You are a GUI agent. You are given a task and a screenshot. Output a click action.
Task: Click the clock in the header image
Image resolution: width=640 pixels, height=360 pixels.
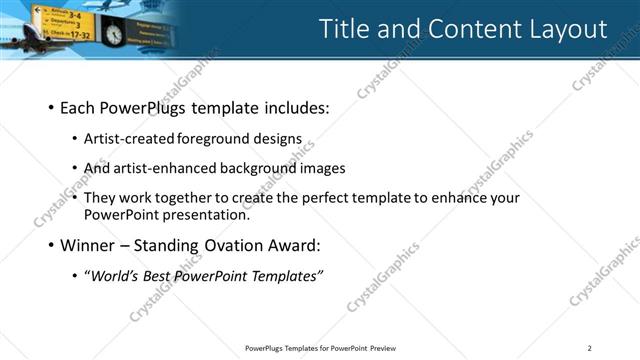tap(113, 34)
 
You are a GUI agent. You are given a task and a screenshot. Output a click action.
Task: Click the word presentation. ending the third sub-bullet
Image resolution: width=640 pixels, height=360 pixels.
tap(209, 214)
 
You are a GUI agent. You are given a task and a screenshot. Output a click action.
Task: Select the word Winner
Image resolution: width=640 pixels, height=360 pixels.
tap(86, 244)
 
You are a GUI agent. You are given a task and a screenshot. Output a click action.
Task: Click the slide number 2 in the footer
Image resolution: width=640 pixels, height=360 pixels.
tap(590, 348)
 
